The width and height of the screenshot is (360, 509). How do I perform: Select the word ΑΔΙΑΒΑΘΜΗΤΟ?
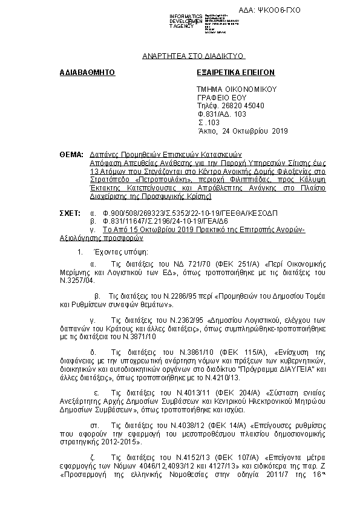click(87, 73)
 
